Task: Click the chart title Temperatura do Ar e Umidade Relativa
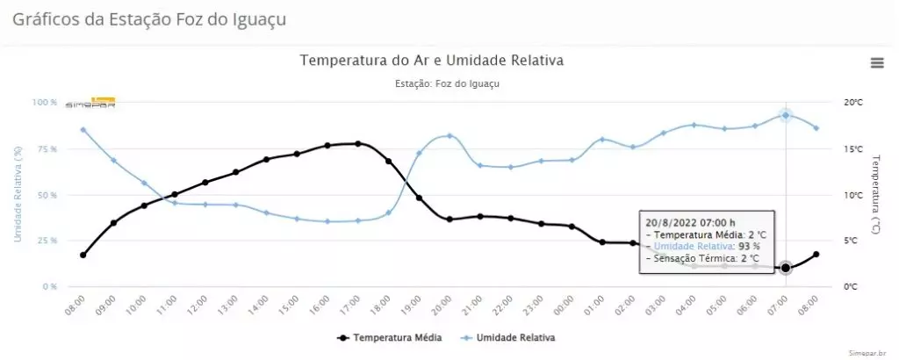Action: (432, 61)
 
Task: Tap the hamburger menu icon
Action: (876, 62)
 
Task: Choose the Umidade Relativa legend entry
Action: (517, 336)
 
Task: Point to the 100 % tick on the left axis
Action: (45, 103)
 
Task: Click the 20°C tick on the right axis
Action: (853, 103)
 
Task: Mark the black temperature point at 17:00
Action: (358, 144)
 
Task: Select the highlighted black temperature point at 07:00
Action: (786, 268)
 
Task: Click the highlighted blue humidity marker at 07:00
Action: (786, 115)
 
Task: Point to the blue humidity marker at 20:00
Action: (449, 136)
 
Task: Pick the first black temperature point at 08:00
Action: (83, 255)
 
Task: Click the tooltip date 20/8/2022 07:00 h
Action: (689, 222)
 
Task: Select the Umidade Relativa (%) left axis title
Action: (17, 194)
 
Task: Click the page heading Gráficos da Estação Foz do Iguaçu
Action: (149, 18)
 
